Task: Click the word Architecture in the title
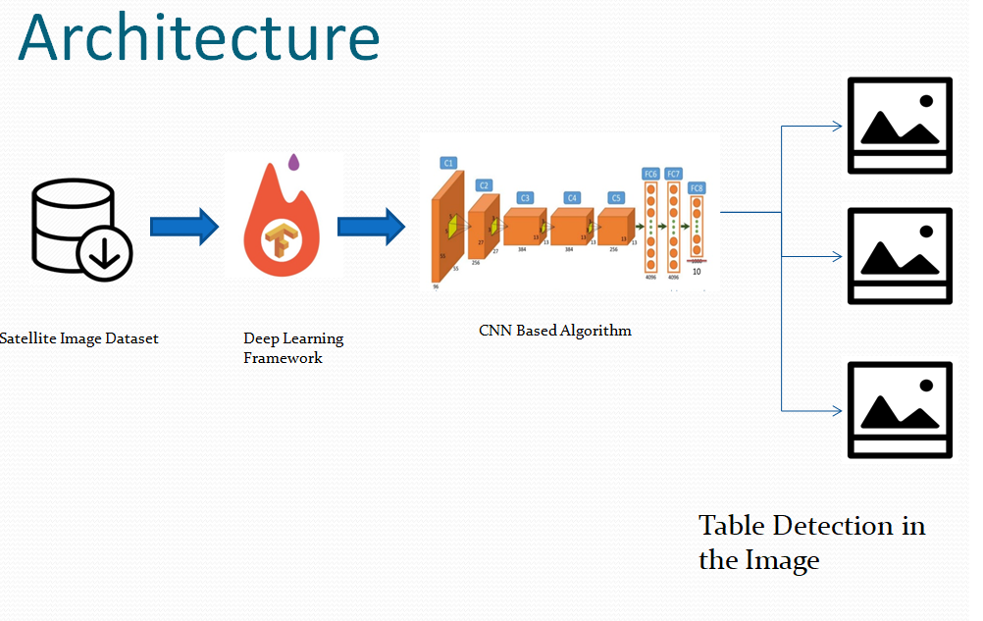[x=198, y=39]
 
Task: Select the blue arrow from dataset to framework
[x=183, y=227]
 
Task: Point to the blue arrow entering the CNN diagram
[x=371, y=227]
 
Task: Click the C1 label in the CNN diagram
[x=448, y=163]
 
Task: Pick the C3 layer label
[x=525, y=197]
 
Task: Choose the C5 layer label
[x=615, y=197]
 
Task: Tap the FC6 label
[x=649, y=174]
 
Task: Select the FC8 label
[x=697, y=186]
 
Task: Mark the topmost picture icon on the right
[x=900, y=126]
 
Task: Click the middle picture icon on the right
[x=900, y=256]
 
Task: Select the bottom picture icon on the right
[x=900, y=410]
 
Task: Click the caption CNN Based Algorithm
[x=554, y=331]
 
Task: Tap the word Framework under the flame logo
[x=283, y=358]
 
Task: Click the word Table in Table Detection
[x=732, y=526]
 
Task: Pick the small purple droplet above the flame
[x=292, y=161]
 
